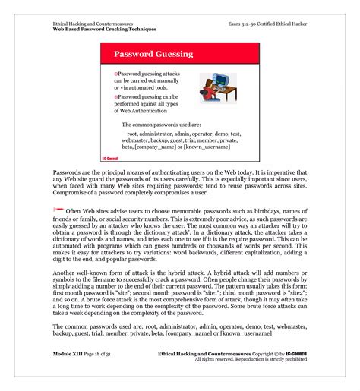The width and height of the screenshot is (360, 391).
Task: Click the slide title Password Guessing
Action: click(153, 55)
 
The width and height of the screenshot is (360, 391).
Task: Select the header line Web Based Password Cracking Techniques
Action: click(105, 29)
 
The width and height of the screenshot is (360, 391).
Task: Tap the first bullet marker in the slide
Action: click(115, 72)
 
